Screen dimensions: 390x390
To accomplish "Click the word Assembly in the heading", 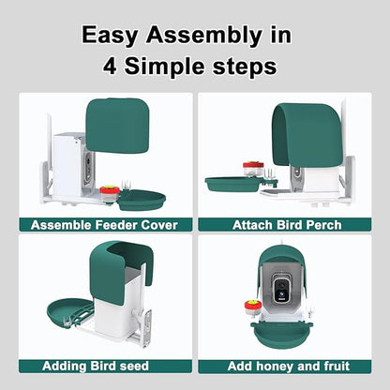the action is [x=203, y=36].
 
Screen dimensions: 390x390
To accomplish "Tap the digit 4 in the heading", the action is [x=110, y=66].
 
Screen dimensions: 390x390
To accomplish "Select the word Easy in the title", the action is [x=110, y=36].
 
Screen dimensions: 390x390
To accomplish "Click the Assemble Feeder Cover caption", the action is [x=104, y=225].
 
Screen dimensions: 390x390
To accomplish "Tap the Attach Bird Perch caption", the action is [x=287, y=225].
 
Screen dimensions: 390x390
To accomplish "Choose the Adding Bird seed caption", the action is [x=96, y=366].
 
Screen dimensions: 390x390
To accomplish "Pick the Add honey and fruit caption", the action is [x=288, y=366].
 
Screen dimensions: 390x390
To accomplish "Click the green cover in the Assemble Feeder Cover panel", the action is [x=117, y=126].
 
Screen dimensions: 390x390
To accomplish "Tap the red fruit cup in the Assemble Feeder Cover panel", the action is [x=110, y=193].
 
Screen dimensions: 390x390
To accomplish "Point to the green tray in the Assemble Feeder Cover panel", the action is [x=142, y=200].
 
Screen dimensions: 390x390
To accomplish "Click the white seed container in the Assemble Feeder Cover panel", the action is [x=68, y=165].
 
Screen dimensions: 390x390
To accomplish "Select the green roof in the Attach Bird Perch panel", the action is [x=307, y=135].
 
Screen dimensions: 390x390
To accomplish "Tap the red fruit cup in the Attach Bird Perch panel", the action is [x=253, y=169].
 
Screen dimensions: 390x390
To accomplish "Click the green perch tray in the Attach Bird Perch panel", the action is [x=232, y=185].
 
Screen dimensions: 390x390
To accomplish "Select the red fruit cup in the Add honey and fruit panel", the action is [x=252, y=307].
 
